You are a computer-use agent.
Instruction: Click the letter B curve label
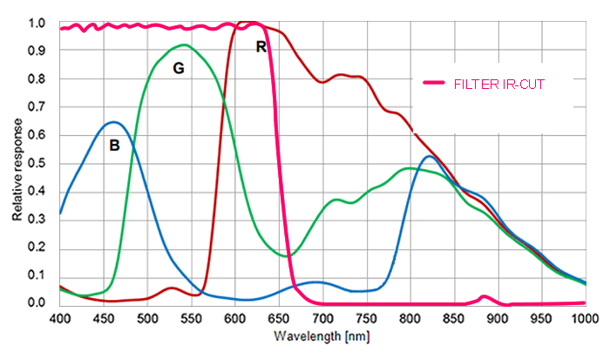point(114,146)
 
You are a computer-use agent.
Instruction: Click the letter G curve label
point(178,67)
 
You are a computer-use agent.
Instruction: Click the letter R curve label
point(261,47)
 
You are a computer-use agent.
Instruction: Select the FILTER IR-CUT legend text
point(499,84)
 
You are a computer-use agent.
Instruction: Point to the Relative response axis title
point(17,163)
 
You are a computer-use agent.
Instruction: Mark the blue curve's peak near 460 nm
point(112,122)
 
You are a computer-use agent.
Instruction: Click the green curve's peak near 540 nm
point(184,45)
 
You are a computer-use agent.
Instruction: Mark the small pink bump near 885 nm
point(485,296)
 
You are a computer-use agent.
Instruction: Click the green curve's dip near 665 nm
point(292,255)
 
